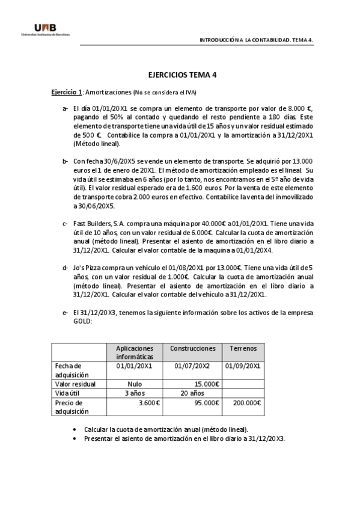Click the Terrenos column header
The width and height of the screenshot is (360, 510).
243,348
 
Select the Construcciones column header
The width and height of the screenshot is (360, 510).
192,348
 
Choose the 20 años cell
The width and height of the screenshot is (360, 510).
192,393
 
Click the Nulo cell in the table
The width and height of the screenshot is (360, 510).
135,384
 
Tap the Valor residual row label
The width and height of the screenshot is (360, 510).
75,384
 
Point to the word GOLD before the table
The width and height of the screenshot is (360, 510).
82,321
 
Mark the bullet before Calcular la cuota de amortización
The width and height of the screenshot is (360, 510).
75,431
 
